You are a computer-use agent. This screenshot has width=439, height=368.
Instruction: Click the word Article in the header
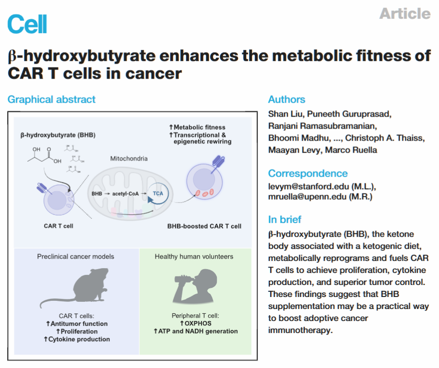click(404, 13)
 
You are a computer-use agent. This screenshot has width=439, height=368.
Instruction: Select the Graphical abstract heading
click(51, 99)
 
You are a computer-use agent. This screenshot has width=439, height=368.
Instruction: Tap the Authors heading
click(286, 99)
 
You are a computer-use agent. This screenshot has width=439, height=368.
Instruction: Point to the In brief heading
click(285, 219)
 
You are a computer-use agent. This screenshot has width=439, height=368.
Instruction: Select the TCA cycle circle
click(158, 193)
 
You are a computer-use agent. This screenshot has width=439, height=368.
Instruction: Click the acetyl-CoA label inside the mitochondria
click(126, 193)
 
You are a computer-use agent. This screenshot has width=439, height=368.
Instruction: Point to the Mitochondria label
click(129, 158)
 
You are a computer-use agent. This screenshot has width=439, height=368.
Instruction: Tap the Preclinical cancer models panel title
click(75, 257)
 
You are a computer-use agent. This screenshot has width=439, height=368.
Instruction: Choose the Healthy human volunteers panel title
click(194, 257)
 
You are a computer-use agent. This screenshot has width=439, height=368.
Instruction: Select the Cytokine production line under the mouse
click(77, 339)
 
